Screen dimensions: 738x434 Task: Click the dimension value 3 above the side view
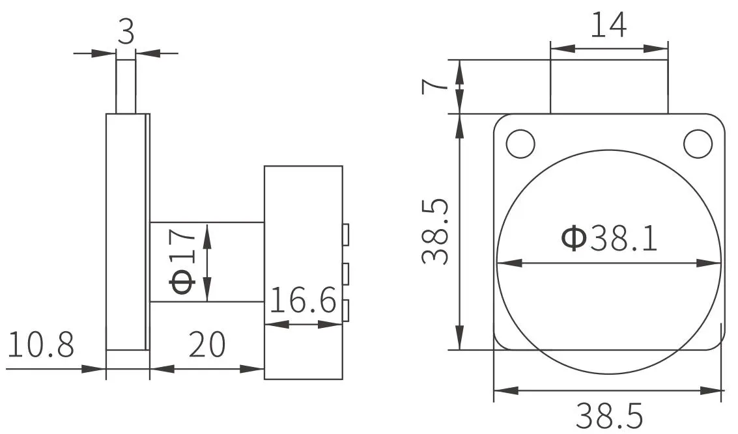point(126,32)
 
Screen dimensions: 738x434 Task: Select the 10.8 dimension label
point(41,344)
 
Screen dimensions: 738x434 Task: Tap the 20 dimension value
point(207,344)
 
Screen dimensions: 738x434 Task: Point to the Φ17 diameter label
point(182,261)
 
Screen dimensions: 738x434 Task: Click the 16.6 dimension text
point(304,300)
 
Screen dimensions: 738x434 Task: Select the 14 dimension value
point(608,25)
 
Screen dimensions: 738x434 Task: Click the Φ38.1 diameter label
point(610,238)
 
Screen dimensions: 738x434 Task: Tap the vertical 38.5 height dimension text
point(435,232)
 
